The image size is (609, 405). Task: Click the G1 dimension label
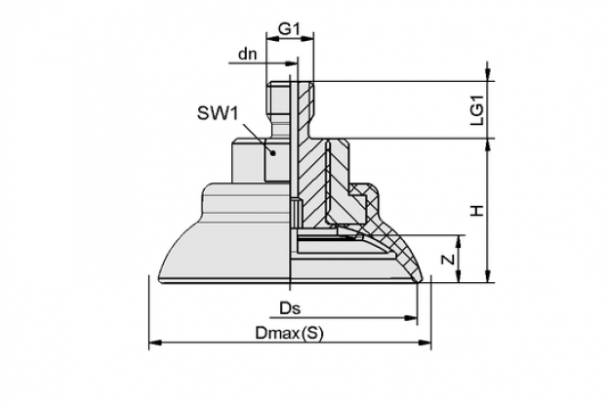coord(290,29)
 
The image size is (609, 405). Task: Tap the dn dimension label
coord(248,54)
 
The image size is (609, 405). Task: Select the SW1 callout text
coord(217,113)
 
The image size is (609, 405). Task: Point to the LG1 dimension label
coord(477,110)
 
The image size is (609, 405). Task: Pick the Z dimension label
coord(449,259)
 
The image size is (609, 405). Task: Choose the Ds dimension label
coord(290,308)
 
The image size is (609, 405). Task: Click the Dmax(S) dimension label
coord(289,333)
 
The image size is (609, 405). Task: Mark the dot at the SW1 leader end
coord(273,153)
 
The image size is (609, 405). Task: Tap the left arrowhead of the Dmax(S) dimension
coord(155,343)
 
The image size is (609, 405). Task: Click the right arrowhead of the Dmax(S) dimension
coord(425,343)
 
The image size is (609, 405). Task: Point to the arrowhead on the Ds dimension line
coord(411,317)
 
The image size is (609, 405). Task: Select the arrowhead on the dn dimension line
coord(291,62)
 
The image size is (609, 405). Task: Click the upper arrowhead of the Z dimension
coord(459,241)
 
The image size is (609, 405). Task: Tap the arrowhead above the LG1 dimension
coord(488,75)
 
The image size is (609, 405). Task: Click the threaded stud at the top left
coord(278,98)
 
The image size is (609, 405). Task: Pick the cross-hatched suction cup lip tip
coord(417,278)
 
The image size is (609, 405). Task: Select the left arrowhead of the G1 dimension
coord(272,38)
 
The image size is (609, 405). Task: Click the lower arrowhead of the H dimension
coord(488,276)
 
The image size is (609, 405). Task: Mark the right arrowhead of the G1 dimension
coord(307,38)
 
